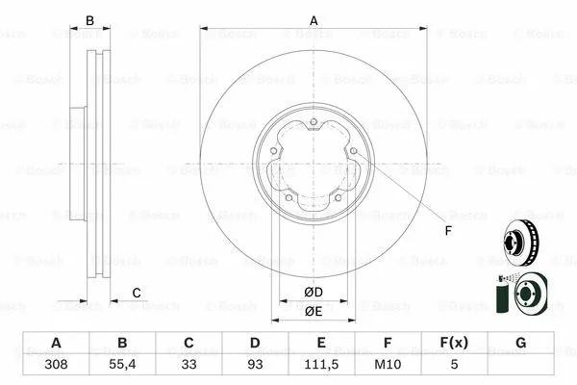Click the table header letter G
point(520,344)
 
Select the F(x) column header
point(454,344)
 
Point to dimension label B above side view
point(90,20)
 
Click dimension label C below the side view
point(137,293)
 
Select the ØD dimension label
point(314,293)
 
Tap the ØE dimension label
point(314,312)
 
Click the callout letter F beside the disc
point(447,231)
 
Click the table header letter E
point(321,344)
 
